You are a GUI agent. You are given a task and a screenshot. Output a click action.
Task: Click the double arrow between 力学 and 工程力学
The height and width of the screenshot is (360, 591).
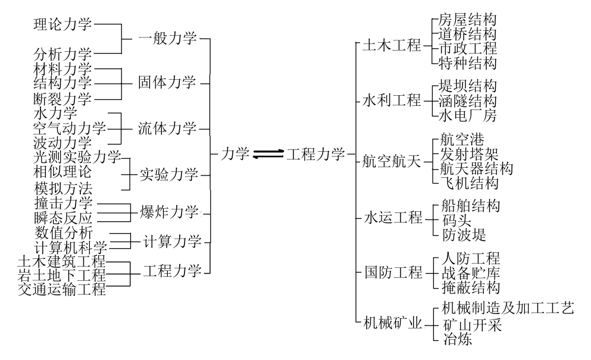(268, 154)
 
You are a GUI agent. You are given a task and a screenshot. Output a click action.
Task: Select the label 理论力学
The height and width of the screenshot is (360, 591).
(62, 24)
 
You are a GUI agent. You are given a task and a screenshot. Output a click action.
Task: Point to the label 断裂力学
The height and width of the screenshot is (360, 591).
(62, 98)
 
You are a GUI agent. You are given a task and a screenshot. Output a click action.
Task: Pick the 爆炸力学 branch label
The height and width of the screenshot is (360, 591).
(168, 211)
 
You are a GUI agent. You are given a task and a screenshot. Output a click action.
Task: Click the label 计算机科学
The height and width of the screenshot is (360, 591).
(70, 247)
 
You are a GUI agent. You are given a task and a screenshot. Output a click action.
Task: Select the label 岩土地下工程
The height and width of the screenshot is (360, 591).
(62, 276)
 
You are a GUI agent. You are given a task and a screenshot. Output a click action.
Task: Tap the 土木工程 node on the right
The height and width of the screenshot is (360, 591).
(392, 46)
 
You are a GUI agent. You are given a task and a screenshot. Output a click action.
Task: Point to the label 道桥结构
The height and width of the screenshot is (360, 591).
(467, 34)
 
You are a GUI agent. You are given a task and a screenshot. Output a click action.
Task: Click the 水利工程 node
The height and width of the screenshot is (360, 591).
(392, 100)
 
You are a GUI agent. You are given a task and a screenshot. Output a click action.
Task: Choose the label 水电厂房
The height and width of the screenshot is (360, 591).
(467, 114)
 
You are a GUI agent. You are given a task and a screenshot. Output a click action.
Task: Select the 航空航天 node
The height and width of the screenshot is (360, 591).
(392, 161)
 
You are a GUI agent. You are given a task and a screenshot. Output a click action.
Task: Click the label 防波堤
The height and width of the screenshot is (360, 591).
(464, 234)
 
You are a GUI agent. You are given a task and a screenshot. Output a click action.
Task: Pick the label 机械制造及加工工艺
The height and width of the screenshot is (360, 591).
(508, 308)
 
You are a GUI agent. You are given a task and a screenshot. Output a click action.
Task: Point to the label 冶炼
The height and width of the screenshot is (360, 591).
(456, 340)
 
